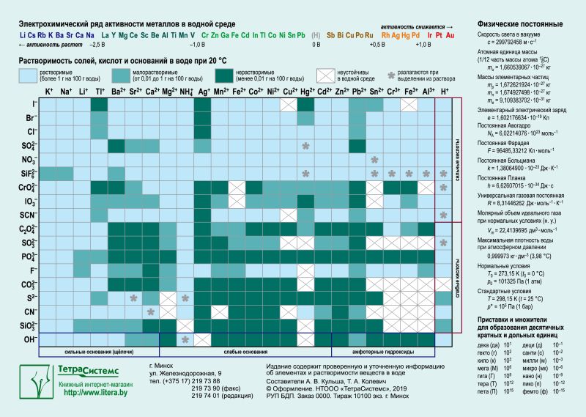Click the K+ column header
pos(48,92)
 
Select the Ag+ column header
pos(204,92)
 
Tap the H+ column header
pos(445,92)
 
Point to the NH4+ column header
pos(186,92)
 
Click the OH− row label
pos(30,339)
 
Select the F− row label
pos(31,270)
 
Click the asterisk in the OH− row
pos(186,340)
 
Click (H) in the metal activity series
pos(316,35)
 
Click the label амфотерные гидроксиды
pos(382,353)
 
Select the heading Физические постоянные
pos(514,24)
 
